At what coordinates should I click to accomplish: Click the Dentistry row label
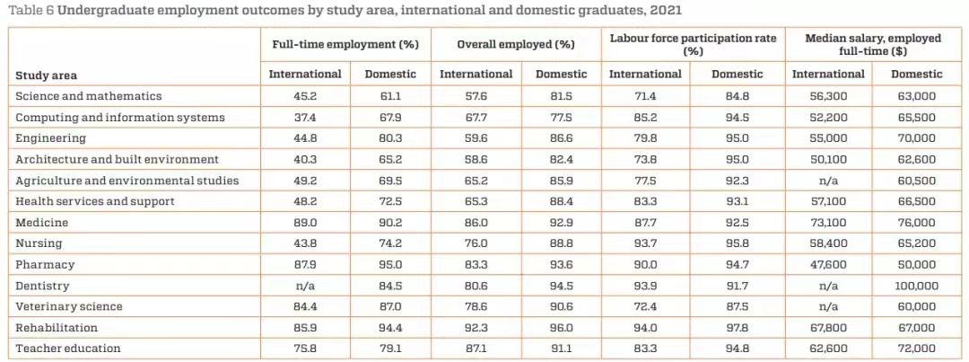41,286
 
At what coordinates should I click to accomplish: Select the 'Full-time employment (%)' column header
346,44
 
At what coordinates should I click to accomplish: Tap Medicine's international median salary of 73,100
827,222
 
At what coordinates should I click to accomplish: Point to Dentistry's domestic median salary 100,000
916,286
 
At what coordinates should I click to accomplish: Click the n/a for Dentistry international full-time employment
305,286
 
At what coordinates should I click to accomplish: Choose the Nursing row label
38,243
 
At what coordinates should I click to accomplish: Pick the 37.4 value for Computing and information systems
305,117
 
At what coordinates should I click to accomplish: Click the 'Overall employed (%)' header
515,44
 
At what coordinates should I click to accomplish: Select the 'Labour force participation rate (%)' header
693,44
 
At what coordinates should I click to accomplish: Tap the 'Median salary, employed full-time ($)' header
872,44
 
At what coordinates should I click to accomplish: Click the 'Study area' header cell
44,75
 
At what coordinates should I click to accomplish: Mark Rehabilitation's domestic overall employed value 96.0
561,328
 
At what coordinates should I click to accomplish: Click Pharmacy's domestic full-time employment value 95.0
390,265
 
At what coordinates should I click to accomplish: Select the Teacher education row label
68,349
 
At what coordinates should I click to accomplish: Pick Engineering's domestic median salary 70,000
916,138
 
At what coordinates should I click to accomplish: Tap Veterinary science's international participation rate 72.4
645,306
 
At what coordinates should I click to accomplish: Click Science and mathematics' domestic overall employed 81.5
561,96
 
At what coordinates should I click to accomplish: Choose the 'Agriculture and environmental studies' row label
127,181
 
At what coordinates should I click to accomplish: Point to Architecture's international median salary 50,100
827,159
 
